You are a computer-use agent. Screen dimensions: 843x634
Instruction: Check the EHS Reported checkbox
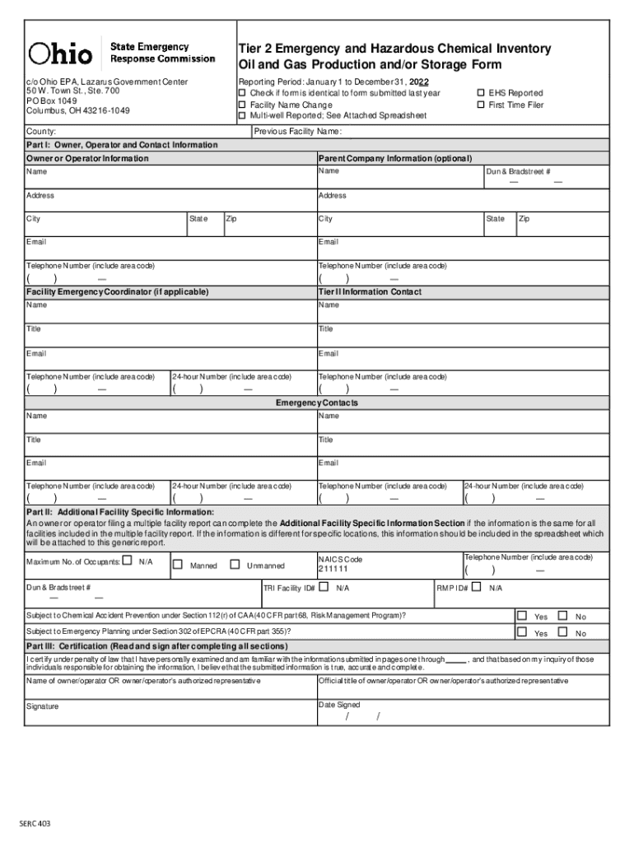click(x=481, y=93)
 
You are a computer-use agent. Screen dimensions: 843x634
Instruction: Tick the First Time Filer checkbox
click(x=481, y=105)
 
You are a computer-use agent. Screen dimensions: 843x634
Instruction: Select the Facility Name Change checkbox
click(x=242, y=105)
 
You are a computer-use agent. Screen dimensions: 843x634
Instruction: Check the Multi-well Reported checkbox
click(x=242, y=116)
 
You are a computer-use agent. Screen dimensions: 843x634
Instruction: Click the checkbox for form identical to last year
click(x=242, y=93)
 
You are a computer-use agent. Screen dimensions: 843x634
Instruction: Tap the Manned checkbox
click(x=177, y=565)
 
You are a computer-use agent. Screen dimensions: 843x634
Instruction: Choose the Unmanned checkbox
click(x=235, y=565)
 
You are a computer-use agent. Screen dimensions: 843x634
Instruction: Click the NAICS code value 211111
click(x=333, y=569)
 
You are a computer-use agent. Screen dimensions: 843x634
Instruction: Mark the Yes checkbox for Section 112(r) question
click(x=521, y=616)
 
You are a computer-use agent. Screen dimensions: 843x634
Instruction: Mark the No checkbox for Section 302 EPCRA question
click(x=562, y=632)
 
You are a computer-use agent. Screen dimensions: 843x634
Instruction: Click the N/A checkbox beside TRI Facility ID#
click(x=323, y=588)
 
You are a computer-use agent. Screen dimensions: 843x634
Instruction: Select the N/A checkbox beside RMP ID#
click(x=476, y=588)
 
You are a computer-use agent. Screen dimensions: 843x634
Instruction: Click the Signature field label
click(x=42, y=706)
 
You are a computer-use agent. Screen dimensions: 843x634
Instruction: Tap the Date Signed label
click(x=339, y=705)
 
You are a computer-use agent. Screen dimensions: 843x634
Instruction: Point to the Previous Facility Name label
click(x=298, y=132)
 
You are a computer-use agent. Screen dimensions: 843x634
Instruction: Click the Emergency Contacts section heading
click(x=317, y=403)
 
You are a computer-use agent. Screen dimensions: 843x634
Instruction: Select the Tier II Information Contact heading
click(x=370, y=292)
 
